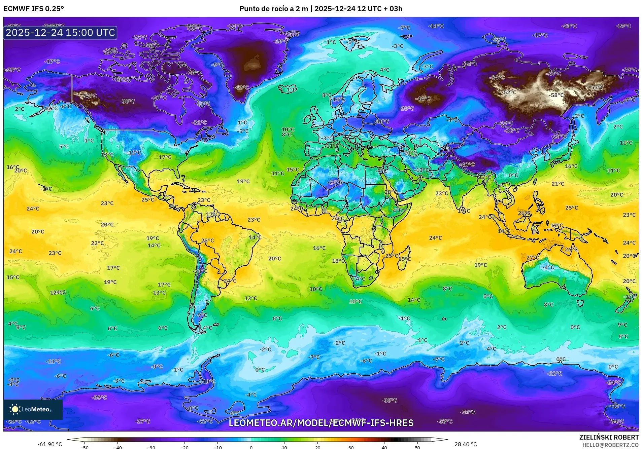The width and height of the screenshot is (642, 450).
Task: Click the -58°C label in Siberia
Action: coord(556,95)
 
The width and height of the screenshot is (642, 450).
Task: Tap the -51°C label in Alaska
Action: coord(90,96)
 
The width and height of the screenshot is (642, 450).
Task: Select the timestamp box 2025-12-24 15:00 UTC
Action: coord(60,33)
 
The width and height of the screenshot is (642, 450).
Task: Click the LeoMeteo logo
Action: coord(33,409)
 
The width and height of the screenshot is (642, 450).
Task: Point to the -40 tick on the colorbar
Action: coord(118,447)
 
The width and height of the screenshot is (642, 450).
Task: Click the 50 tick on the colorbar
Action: coord(417,447)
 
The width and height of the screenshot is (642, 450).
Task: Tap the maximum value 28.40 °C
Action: coord(466,444)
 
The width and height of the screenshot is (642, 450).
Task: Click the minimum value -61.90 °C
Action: coord(49,444)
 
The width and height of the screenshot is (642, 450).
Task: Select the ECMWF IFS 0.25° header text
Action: coord(34,9)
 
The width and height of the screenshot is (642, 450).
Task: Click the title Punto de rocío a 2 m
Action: coord(273,9)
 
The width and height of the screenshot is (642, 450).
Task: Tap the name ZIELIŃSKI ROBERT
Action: coord(609,437)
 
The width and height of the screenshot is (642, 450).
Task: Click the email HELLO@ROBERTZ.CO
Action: coord(610,445)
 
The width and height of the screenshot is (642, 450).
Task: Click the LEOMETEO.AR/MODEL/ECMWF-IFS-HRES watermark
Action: coord(321,423)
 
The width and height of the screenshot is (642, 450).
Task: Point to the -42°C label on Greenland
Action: coord(241,87)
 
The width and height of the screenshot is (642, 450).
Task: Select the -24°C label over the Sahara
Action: coord(335,182)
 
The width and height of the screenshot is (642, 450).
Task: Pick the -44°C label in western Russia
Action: coord(423,99)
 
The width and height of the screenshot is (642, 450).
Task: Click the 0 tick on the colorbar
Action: coord(251,447)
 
